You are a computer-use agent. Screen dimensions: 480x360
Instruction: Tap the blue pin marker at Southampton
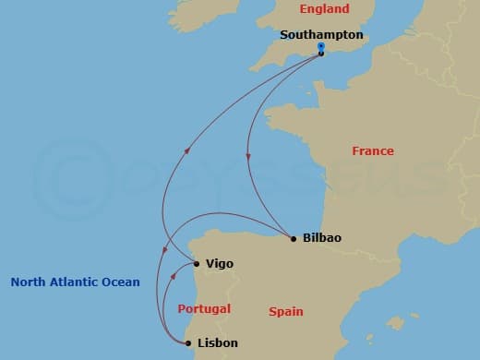[x=320, y=46]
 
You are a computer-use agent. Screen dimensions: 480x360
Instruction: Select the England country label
[x=325, y=9]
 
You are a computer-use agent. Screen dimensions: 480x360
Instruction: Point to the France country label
[x=373, y=150]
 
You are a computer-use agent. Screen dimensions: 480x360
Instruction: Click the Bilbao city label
[x=322, y=238]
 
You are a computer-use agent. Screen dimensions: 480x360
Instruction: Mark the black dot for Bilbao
[x=294, y=239]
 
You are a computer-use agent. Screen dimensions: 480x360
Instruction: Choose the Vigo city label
[x=220, y=264]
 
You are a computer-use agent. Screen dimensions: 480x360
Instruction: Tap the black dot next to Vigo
[x=197, y=264]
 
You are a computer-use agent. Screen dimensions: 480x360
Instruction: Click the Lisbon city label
[x=218, y=343]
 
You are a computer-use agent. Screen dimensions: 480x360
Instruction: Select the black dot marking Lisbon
[x=188, y=343]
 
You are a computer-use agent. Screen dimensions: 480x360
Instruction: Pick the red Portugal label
[x=203, y=308]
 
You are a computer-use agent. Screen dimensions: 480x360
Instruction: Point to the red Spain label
[x=286, y=312]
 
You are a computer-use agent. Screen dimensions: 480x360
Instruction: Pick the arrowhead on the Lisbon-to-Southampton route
[x=189, y=151]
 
